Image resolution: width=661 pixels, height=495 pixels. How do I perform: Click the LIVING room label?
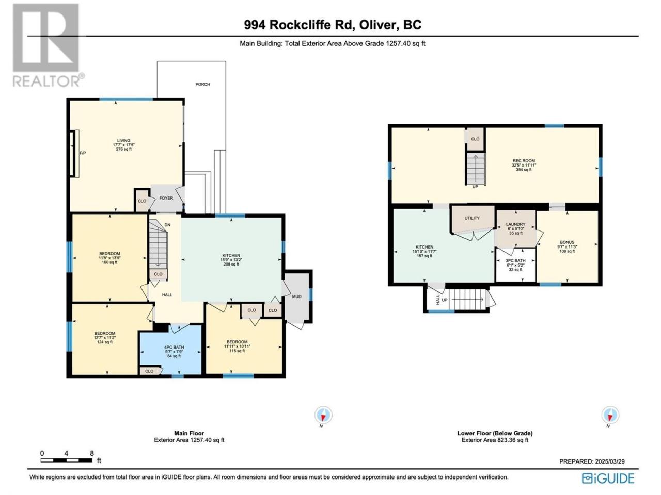tap(123, 140)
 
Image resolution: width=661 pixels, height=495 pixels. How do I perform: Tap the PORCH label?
tap(202, 84)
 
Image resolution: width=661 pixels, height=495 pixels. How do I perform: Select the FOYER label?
tap(166, 198)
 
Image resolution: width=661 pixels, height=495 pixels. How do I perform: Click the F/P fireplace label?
tap(83, 153)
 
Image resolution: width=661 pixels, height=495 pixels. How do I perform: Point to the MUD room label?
tap(296, 296)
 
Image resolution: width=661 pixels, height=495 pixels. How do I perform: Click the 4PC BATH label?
tap(174, 347)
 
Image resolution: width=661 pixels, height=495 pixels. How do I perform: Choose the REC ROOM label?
tap(524, 161)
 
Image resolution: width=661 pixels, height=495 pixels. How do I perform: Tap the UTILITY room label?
tap(472, 218)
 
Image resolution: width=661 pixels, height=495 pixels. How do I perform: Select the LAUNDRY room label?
tap(515, 224)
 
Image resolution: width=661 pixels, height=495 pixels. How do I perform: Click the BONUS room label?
tap(567, 242)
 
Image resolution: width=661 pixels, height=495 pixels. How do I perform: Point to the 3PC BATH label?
tap(515, 260)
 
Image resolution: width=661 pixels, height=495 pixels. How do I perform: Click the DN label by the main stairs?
tap(167, 225)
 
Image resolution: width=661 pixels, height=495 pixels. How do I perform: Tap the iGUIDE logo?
tap(608, 478)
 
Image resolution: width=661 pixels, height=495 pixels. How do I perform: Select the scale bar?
tap(67, 460)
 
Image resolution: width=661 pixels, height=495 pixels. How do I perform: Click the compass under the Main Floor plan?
tap(323, 415)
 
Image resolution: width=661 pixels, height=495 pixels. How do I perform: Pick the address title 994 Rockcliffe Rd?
tap(298, 25)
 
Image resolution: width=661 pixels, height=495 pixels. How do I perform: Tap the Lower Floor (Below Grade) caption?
tap(495, 433)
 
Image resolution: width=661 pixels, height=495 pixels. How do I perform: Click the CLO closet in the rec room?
tap(475, 139)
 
